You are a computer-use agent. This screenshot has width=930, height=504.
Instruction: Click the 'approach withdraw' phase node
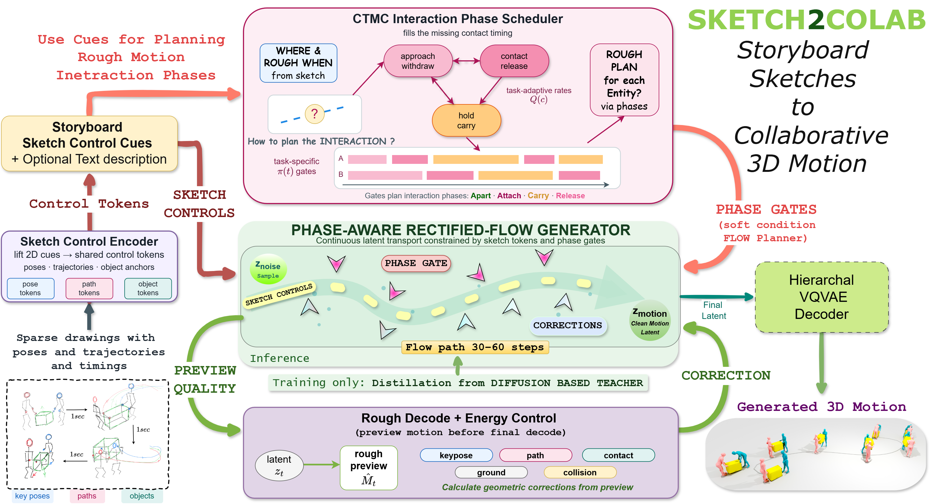(418, 61)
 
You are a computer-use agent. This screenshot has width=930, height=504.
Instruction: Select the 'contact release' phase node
(514, 61)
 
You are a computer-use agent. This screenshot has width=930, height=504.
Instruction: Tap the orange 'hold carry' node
(466, 120)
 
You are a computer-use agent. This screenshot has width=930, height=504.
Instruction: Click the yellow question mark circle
(314, 114)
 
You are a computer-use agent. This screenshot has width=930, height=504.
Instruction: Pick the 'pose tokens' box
(30, 288)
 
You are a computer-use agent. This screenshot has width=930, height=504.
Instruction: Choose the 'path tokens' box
(89, 288)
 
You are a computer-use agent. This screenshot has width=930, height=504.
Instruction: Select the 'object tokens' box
(148, 288)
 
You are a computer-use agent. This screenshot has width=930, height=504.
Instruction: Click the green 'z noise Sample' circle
(268, 269)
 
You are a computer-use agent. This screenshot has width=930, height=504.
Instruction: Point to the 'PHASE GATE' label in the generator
(416, 263)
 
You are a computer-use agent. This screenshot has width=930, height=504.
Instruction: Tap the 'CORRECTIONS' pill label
(568, 326)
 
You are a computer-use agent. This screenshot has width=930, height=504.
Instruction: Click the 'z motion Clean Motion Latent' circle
(650, 320)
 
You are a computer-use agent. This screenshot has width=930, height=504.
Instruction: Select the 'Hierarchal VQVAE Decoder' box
(822, 297)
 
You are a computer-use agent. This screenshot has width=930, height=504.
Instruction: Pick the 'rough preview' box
(369, 468)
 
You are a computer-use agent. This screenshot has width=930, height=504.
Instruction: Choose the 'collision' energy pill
(580, 472)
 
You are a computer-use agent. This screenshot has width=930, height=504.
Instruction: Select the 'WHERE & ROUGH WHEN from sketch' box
(298, 63)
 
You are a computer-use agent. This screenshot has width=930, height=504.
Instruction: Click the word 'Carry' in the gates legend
(538, 196)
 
